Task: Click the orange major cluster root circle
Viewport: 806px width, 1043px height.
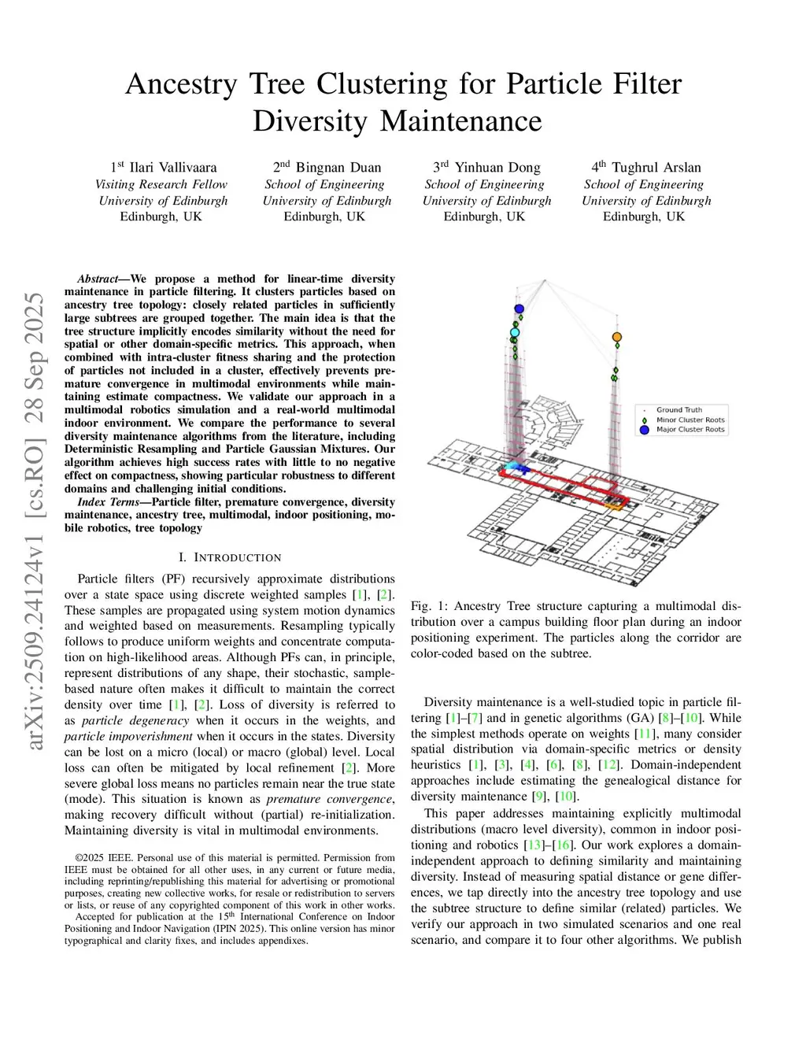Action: point(617,337)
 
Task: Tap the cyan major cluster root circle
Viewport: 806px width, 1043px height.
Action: point(515,333)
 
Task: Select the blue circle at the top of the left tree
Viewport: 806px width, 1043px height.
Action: point(519,309)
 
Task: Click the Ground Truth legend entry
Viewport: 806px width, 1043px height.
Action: point(678,410)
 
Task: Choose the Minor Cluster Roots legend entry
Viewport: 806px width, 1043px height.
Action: point(690,420)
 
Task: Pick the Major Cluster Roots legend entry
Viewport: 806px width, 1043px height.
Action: point(690,430)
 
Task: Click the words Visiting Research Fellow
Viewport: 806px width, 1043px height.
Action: point(161,184)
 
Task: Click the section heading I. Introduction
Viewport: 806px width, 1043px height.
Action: point(230,557)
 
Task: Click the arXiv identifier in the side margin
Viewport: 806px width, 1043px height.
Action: point(35,520)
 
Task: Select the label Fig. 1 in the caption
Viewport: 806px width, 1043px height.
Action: point(427,606)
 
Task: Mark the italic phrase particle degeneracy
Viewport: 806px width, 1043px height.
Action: point(135,720)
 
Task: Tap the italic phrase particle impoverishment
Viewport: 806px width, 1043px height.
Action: point(128,736)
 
